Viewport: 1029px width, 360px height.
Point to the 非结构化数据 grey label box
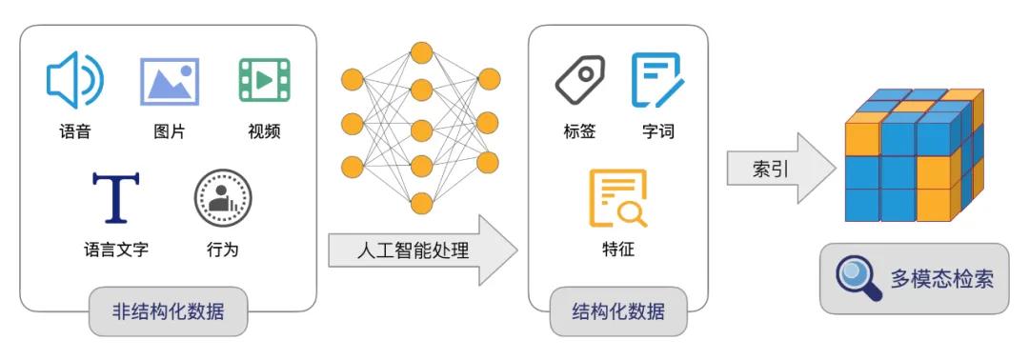(168, 311)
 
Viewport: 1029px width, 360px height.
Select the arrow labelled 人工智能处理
(419, 250)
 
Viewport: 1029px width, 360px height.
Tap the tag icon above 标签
(579, 80)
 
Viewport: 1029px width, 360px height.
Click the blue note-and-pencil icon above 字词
(657, 80)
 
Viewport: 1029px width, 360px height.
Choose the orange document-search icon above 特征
(617, 197)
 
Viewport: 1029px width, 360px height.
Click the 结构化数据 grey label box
(617, 311)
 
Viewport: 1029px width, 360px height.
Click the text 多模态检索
(941, 279)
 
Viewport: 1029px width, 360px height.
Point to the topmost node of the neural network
(420, 51)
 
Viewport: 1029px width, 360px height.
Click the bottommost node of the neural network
(420, 203)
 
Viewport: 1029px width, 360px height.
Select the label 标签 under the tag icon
(579, 131)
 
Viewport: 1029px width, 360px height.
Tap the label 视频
(264, 131)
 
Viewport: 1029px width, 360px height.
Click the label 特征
(617, 250)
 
